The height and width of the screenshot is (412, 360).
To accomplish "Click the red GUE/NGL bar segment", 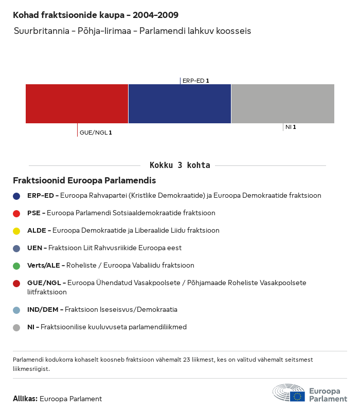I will (x=77, y=103).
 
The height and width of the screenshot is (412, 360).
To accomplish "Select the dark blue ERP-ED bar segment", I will (x=179, y=103).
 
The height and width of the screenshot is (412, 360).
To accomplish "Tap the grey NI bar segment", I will (x=283, y=103).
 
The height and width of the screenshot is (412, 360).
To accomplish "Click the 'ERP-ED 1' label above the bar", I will (x=195, y=81).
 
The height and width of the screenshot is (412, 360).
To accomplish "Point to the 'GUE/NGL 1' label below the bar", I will (x=96, y=133).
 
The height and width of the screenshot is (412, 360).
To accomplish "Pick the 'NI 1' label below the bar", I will (x=291, y=126).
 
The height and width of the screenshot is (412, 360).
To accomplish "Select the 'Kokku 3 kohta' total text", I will (x=179, y=165).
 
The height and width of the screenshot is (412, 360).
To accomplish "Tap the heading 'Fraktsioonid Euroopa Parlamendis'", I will (x=84, y=181).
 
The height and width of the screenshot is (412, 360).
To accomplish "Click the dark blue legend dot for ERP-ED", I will (x=17, y=196).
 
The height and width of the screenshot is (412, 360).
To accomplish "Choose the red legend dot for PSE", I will (x=17, y=213).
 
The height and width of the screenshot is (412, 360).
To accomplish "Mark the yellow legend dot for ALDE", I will (x=17, y=231).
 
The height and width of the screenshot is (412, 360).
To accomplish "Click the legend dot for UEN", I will (x=17, y=248).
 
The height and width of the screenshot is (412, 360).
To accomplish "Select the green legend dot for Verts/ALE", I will (x=17, y=266).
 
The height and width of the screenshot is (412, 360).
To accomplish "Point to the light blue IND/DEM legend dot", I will (x=17, y=310).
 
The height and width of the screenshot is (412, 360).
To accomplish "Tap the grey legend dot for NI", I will (x=17, y=327).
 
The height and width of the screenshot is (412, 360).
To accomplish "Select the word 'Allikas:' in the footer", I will (x=25, y=399).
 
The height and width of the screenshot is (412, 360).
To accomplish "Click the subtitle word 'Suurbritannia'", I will (x=39, y=31).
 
